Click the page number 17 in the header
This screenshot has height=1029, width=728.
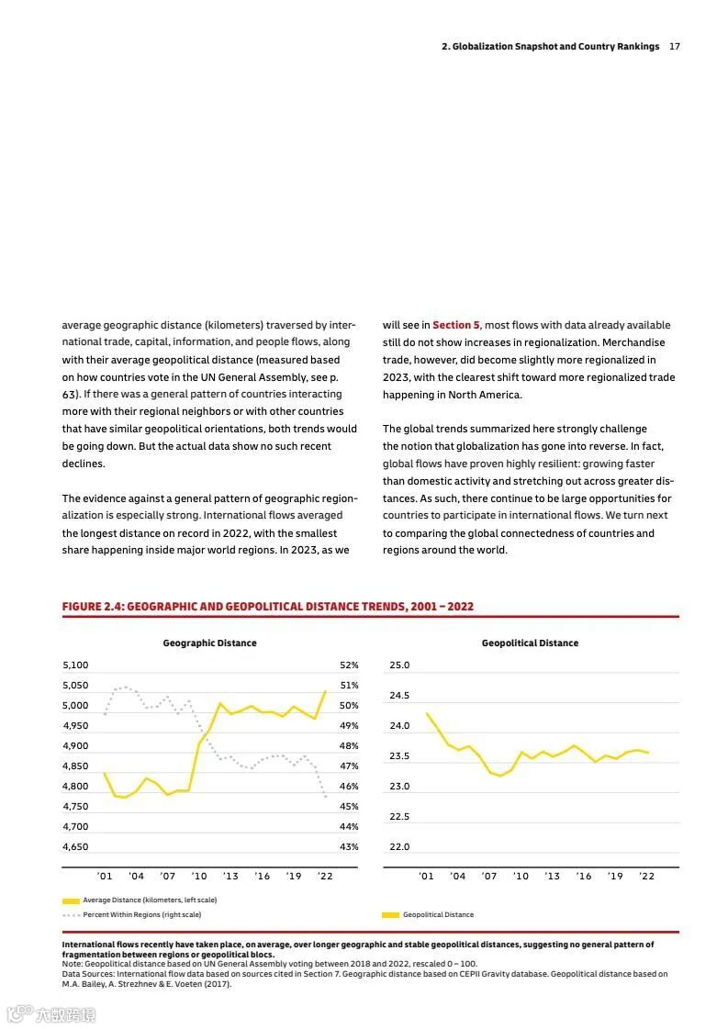point(675,47)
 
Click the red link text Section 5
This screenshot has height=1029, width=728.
point(456,325)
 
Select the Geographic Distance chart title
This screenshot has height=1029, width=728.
point(210,643)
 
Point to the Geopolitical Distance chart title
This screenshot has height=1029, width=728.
point(530,643)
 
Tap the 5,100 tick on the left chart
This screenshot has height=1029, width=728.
point(75,665)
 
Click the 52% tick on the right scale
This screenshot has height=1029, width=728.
point(349,665)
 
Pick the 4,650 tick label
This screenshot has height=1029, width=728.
point(75,847)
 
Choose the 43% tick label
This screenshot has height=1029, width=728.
point(349,847)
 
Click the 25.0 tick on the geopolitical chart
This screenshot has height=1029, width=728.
point(399,665)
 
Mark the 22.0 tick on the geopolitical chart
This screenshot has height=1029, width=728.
point(399,847)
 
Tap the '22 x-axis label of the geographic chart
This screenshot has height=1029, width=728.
point(325,877)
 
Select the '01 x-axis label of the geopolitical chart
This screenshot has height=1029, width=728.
point(426,877)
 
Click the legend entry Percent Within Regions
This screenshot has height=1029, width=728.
point(142,914)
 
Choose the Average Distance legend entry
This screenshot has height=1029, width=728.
point(150,900)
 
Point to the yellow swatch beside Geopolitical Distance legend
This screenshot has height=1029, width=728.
point(391,915)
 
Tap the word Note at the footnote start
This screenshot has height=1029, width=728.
point(71,964)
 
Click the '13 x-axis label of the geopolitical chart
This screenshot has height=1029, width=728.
point(552,877)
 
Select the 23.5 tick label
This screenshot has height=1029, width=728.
point(399,756)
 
